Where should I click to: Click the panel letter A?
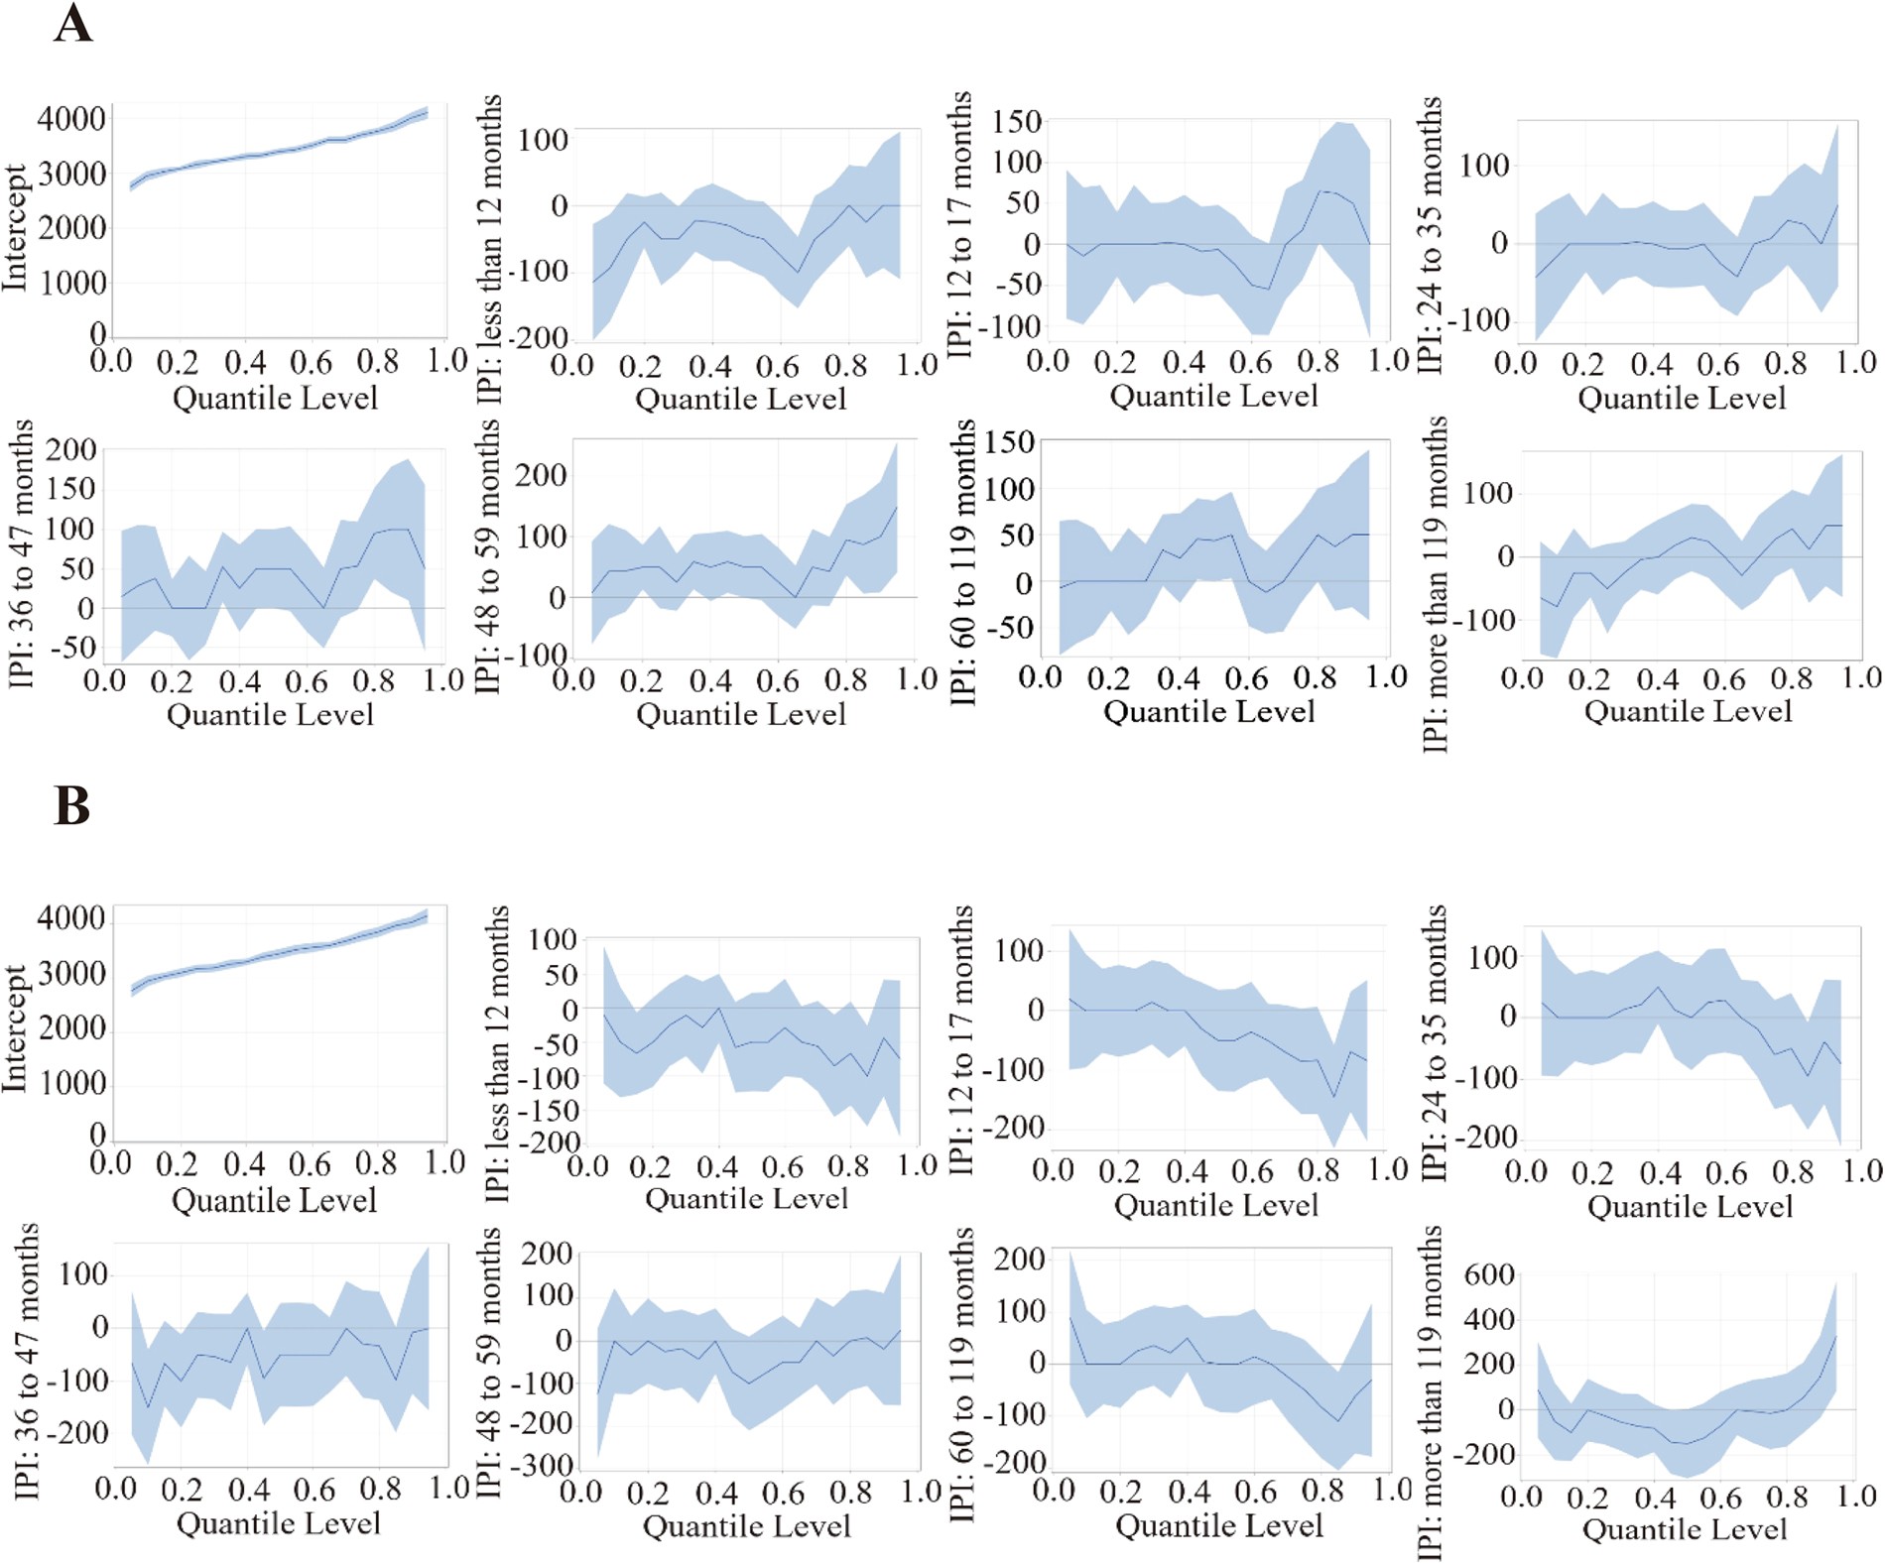[x=72, y=24]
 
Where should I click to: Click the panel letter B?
[x=72, y=805]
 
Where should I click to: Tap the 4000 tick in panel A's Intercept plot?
[x=70, y=119]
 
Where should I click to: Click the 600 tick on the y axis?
[x=1489, y=1274]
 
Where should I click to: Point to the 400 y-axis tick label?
[x=1489, y=1320]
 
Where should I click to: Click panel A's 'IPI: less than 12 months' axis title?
[x=490, y=248]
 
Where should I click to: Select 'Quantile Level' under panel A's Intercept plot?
[x=276, y=399]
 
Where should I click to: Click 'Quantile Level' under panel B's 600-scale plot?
[x=1685, y=1529]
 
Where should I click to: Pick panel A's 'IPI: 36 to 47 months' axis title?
[x=22, y=553]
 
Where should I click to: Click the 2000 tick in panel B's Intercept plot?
[x=70, y=1028]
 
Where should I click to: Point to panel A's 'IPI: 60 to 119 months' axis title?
[x=962, y=561]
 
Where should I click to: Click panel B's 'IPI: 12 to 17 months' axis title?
[x=960, y=1039]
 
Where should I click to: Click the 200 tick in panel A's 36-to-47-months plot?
[x=71, y=450]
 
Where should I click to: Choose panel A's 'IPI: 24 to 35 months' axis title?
[x=1430, y=234]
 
